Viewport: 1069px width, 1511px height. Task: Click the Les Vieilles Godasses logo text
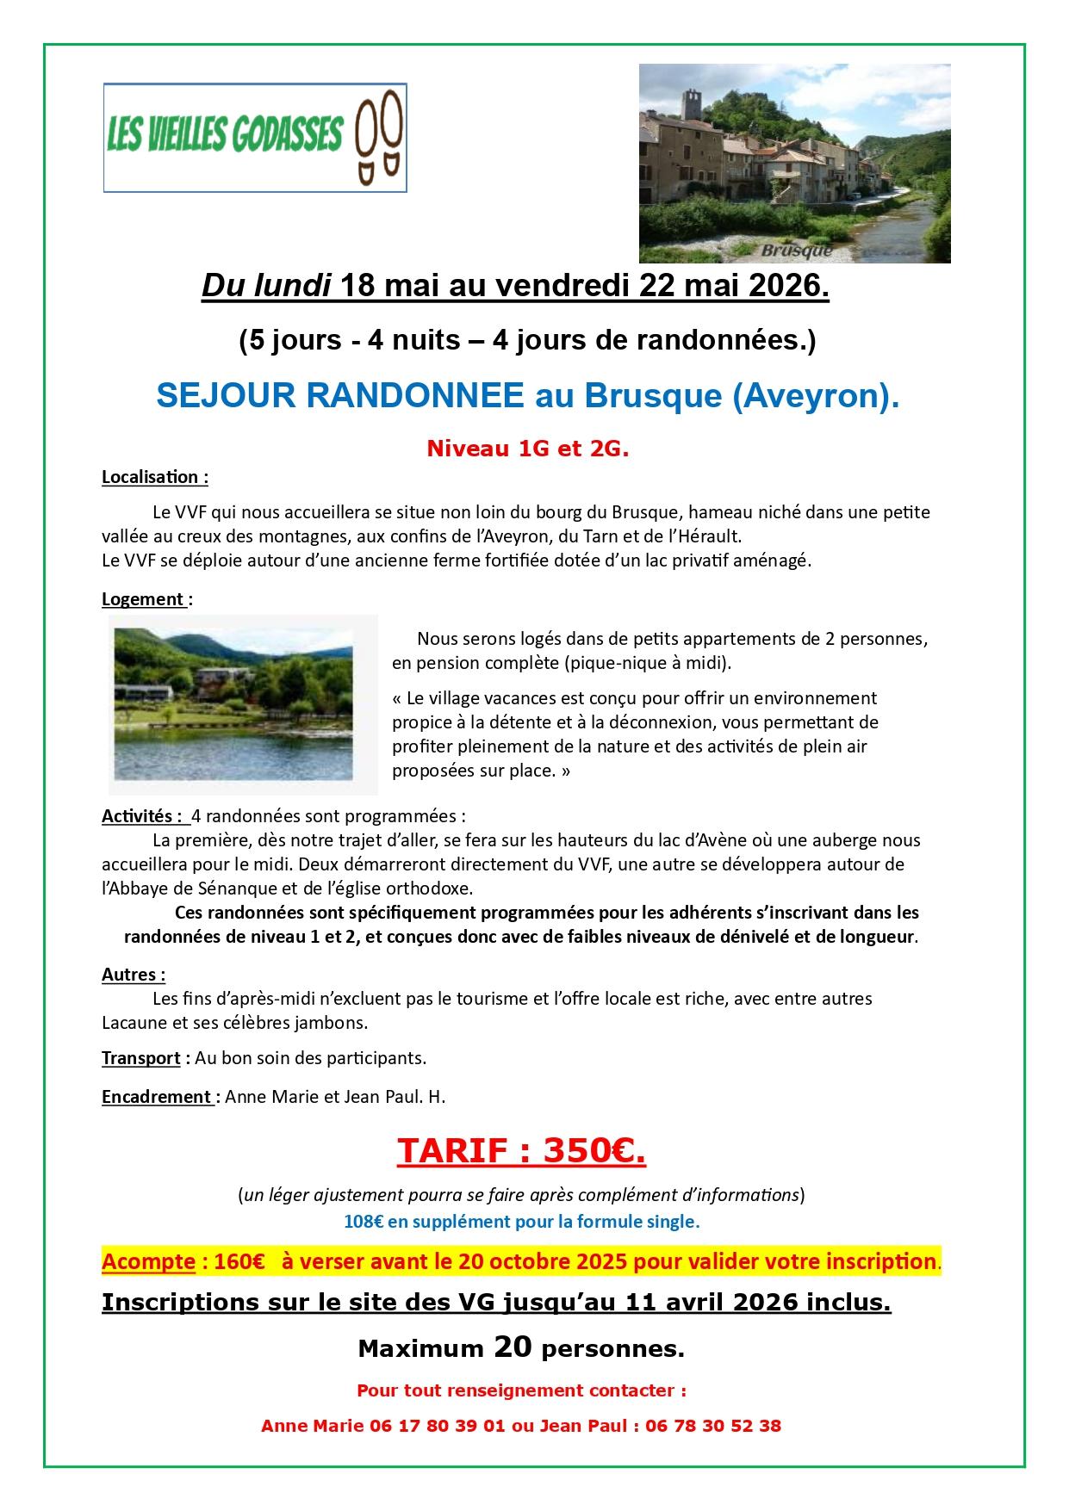coord(225,135)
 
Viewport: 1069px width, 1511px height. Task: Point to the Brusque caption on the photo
coord(797,251)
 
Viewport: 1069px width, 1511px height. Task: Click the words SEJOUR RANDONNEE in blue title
coord(340,395)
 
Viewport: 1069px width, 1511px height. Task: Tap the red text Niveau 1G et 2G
coord(528,449)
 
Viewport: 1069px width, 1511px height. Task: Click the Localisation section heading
coord(154,477)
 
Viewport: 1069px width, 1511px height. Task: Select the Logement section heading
coord(144,599)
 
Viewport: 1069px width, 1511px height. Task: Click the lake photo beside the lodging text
coord(245,703)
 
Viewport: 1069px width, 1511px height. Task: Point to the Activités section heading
coord(142,815)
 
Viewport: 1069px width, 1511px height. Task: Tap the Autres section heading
coord(133,975)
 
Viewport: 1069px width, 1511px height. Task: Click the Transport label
coord(140,1057)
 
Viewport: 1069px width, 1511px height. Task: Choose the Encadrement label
coord(157,1097)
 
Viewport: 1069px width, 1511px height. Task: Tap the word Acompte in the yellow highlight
coord(148,1262)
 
